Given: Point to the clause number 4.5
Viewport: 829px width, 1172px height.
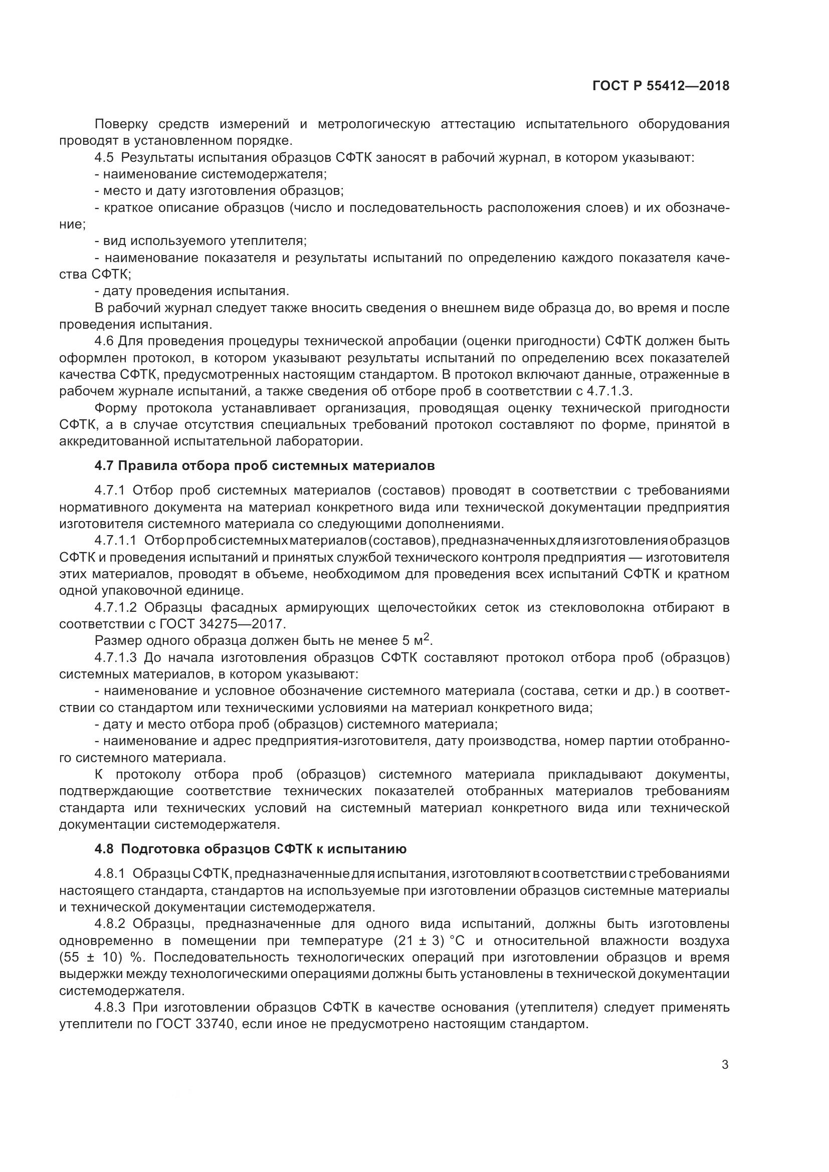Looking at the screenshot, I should pyautogui.click(x=104, y=157).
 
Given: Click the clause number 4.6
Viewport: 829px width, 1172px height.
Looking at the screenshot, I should pyautogui.click(x=104, y=340).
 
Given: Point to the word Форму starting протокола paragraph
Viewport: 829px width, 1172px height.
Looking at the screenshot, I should pyautogui.click(x=115, y=408).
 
